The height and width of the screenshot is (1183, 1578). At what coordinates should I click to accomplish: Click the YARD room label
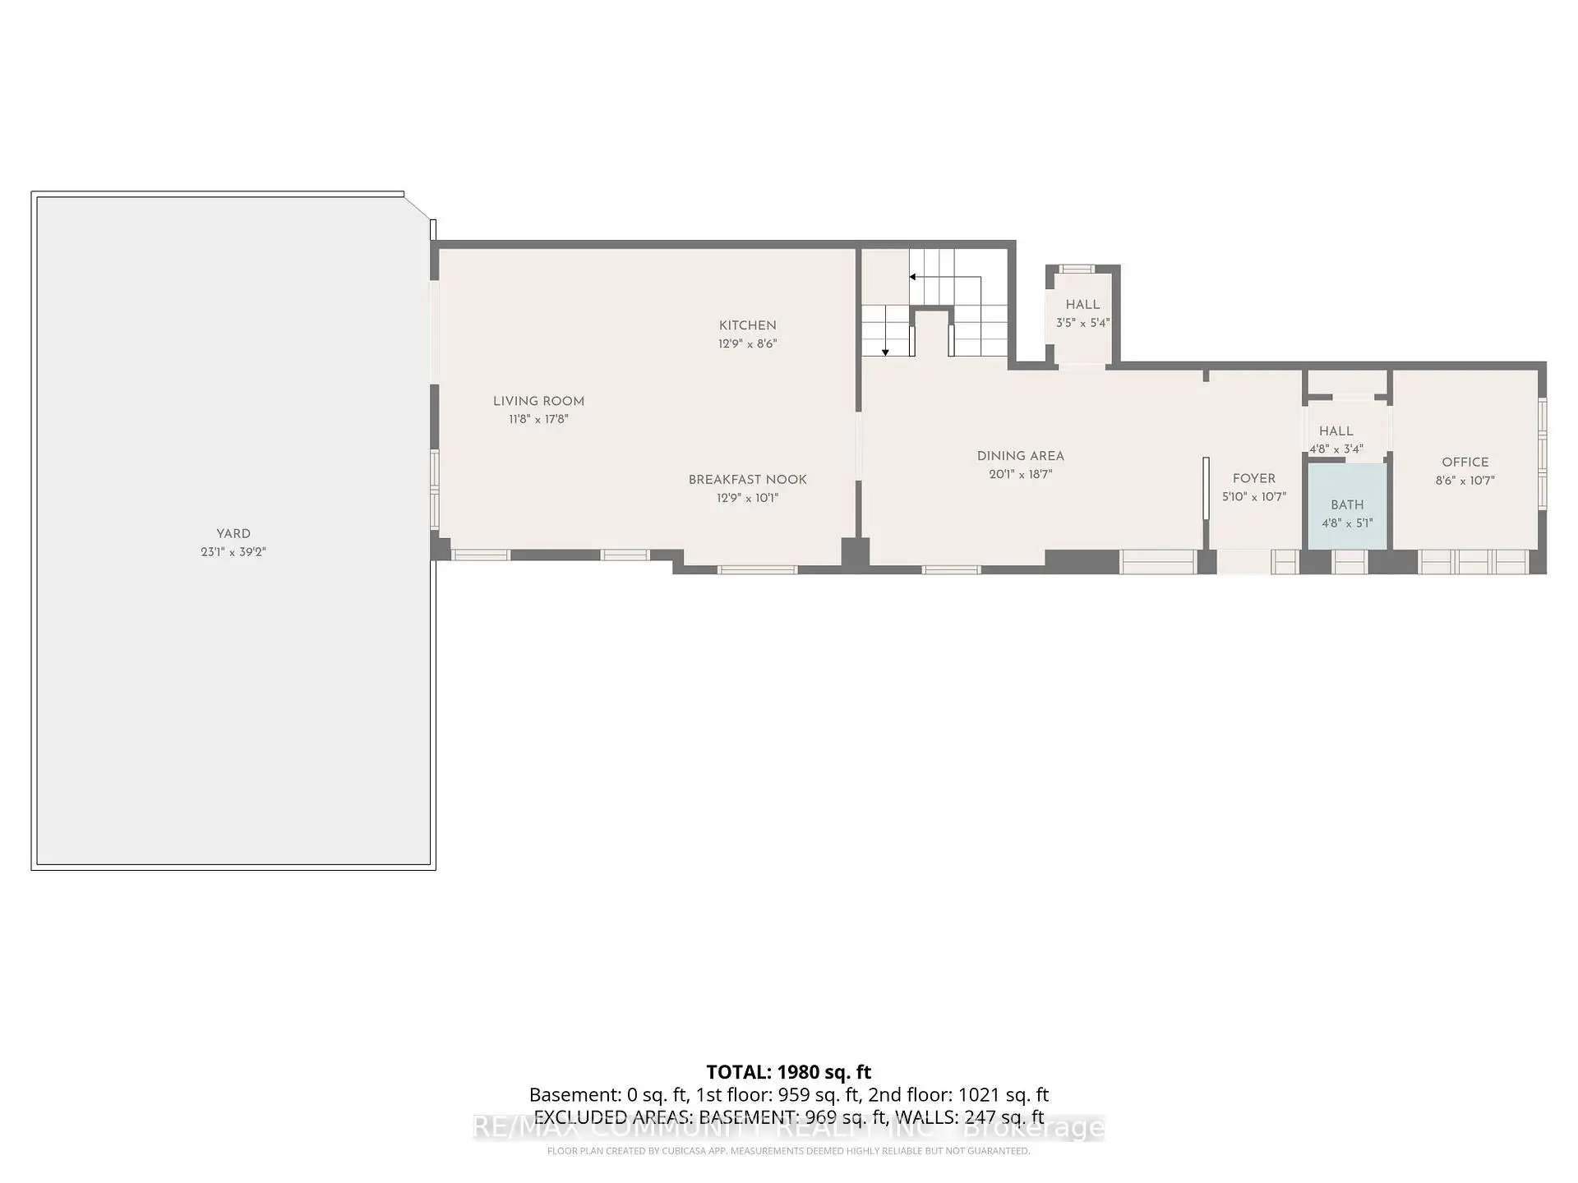pos(233,534)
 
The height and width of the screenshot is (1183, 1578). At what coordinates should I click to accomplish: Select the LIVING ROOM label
pos(538,401)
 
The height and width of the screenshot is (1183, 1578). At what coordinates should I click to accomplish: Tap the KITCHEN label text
pos(747,325)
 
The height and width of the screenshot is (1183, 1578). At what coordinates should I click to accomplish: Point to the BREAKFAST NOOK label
pos(747,480)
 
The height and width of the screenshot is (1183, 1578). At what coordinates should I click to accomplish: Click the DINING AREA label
pos(1020,456)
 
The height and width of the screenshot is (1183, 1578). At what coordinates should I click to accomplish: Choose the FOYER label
pos(1253,478)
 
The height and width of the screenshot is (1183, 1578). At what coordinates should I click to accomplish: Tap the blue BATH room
pos(1347,505)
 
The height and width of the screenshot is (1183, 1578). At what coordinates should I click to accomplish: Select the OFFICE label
pos(1465,463)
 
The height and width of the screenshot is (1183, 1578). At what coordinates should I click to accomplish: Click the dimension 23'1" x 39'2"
pos(233,552)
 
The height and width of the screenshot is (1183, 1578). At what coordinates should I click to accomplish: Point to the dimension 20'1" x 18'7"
pos(1020,474)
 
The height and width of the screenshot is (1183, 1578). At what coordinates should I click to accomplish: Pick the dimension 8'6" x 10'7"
pos(1465,481)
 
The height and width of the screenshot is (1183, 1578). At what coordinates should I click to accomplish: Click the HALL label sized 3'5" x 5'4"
pos(1082,305)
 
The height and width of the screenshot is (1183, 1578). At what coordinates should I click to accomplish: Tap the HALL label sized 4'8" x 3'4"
pos(1336,431)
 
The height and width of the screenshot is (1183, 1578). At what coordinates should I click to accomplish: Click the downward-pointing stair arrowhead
pos(885,352)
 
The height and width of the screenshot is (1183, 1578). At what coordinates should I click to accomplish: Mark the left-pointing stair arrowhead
pos(912,278)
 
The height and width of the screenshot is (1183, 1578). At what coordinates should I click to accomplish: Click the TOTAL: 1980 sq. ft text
pos(788,1072)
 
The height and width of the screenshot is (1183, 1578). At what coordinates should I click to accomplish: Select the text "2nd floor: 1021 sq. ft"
pos(958,1095)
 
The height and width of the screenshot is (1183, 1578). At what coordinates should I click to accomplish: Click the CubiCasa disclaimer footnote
pos(788,1151)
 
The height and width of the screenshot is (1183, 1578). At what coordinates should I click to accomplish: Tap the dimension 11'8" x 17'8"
pos(538,419)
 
